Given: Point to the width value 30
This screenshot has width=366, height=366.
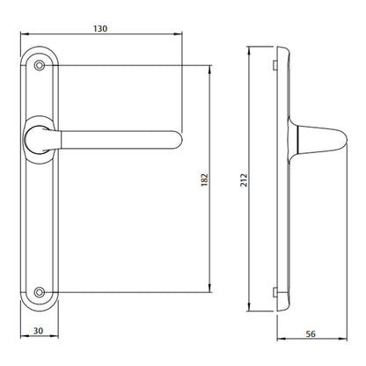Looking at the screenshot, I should point(38,331).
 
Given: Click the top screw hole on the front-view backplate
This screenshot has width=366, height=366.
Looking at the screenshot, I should point(38,66).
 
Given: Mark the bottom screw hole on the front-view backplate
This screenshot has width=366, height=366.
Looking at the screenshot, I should point(38,291).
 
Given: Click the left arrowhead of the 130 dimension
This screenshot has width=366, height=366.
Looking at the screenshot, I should point(24,39).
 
